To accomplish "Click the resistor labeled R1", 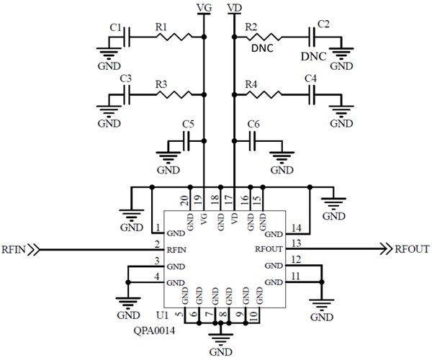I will (x=176, y=37).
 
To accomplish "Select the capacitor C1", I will (x=126, y=37).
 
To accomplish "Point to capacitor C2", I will (x=314, y=37).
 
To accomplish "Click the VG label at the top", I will (x=204, y=7).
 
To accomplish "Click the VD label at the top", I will (x=234, y=7).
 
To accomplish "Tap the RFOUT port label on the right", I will (x=412, y=249).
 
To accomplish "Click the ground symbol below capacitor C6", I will (x=282, y=162).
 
